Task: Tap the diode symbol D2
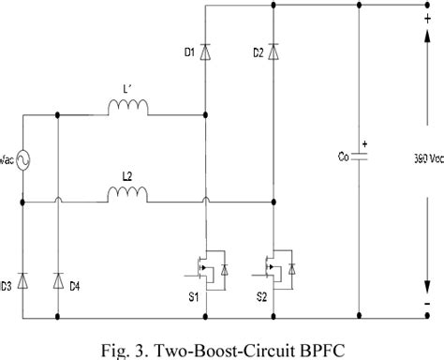tap(273, 52)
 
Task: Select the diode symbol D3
tap(22, 279)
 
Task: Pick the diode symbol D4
tap(58, 279)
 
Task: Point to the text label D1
tap(188, 52)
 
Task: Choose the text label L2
tap(129, 175)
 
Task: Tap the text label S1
tap(195, 298)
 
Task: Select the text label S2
tap(261, 298)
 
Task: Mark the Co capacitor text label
tap(344, 157)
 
